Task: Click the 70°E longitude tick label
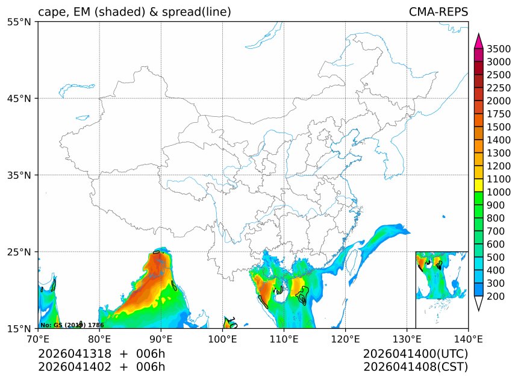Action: click(38, 340)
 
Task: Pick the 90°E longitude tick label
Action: click(161, 340)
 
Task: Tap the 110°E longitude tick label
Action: click(284, 340)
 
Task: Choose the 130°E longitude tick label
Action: click(407, 340)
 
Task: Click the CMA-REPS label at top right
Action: click(438, 12)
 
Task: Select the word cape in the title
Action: click(51, 13)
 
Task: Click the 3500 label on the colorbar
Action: click(499, 49)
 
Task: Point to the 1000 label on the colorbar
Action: click(499, 192)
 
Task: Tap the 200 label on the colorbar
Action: click(499, 296)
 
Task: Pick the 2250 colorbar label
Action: click(499, 88)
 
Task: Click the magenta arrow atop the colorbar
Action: click(479, 41)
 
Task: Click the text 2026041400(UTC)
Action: click(416, 354)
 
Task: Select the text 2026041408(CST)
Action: click(416, 366)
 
